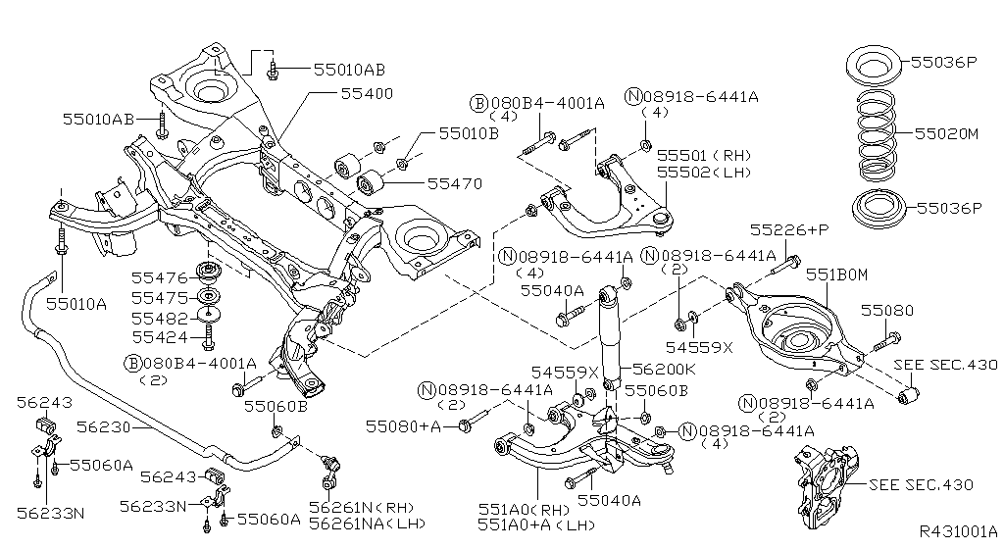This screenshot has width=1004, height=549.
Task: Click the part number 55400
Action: (367, 94)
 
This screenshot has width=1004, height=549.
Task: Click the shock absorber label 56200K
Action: (664, 370)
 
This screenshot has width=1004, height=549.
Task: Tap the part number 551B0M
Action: (836, 275)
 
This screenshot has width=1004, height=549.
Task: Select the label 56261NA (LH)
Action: (368, 524)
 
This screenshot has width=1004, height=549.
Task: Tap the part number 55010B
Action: (469, 132)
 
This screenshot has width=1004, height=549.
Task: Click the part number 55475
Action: (159, 297)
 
